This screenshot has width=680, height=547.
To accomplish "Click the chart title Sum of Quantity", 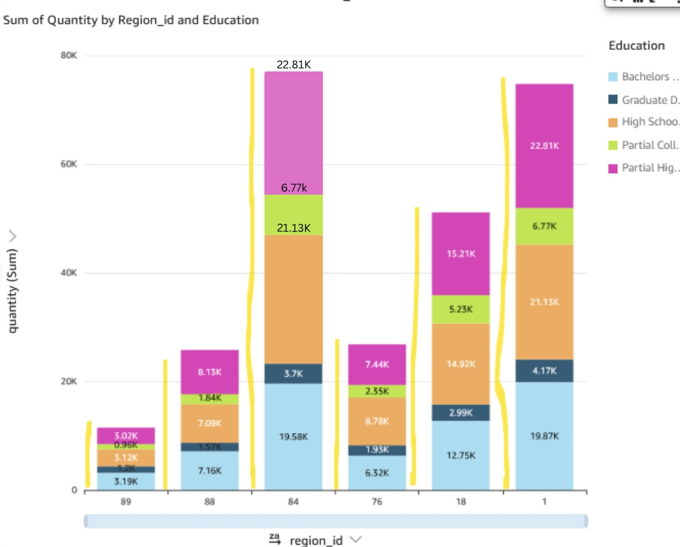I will coord(131,20).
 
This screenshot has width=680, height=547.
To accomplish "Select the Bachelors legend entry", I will coord(644,77).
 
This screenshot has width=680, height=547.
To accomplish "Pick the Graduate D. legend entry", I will coord(644,100).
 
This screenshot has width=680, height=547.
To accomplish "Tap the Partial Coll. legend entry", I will coord(644,145).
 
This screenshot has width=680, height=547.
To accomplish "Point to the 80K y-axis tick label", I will coord(68,55).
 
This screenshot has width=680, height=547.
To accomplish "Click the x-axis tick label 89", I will coord(126,502).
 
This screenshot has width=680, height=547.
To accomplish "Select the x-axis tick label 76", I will coord(376,502).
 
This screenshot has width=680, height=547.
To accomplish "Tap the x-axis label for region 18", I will coord(460,502).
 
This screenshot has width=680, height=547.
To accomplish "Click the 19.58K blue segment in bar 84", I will coord(293,436).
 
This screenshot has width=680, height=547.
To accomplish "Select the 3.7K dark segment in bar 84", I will coord(293,373).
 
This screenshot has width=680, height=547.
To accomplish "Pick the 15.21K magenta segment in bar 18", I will coord(460,254).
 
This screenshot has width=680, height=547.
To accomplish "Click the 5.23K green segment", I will coord(460,310).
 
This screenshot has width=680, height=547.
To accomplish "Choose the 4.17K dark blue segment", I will coord(544,371).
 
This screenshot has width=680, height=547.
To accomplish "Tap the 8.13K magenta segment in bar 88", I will coord(209,372).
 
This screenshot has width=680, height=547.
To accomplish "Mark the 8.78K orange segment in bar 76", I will coord(376,421).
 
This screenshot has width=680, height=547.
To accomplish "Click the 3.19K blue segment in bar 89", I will coord(126,481).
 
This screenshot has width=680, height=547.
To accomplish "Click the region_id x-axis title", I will coord(315,540).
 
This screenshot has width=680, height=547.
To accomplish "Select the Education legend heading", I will coord(636,46).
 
